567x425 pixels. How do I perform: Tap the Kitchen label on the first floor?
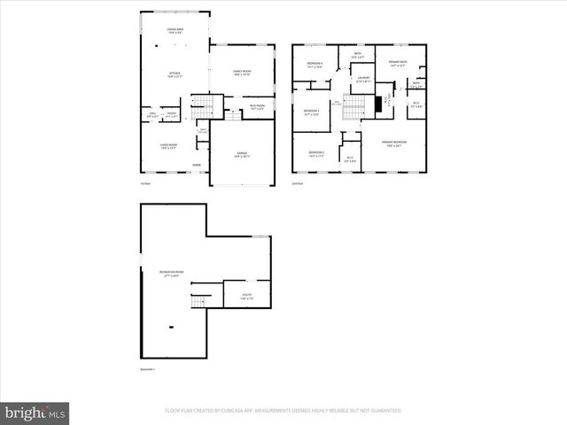coord(175,75)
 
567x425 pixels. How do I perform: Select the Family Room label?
coord(242,73)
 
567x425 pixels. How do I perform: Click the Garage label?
coord(242,155)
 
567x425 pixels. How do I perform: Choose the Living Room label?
coord(168,146)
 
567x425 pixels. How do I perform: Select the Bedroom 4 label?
coord(315,65)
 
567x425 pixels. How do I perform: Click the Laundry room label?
coord(363,79)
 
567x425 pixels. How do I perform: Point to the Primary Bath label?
coord(398,63)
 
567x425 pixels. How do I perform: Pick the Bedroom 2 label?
coord(316,154)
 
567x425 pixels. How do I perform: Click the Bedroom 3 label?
coord(312,112)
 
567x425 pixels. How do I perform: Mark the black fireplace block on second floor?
coord(377,104)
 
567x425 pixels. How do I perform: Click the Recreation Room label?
coord(171,274)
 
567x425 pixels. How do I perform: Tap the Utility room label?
coord(247,296)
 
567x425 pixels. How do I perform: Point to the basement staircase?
coord(202,300)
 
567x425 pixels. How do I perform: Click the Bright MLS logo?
coord(35,412)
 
